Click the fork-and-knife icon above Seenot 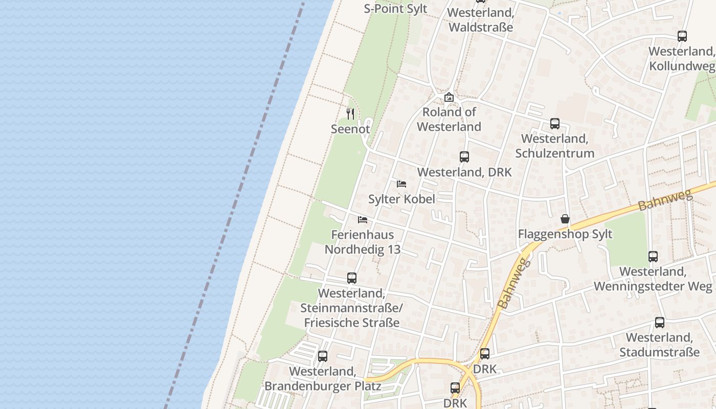350,113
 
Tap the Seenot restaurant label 350,129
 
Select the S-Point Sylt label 395,9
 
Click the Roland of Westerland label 449,119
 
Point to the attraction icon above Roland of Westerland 449,97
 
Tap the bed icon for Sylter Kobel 401,184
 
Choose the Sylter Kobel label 401,199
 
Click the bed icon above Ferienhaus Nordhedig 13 363,220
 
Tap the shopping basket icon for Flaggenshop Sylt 565,219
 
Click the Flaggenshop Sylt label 565,235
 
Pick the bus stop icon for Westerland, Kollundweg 682,36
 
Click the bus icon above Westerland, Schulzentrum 555,123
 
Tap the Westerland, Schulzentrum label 555,146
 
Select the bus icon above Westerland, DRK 464,157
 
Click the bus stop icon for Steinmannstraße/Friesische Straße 352,278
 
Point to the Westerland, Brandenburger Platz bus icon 323,356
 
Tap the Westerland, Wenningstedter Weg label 653,279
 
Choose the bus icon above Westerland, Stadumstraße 660,323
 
